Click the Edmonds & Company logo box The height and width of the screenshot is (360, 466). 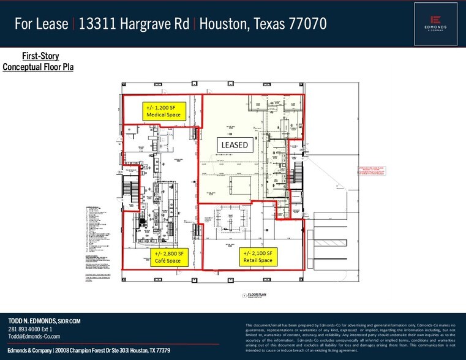pos(436,23)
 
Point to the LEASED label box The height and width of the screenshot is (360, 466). pos(234,145)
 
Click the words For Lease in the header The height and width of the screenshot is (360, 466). pos(42,24)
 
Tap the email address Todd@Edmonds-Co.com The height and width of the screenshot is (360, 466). pos(34,337)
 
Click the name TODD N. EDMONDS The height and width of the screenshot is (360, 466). pos(31,321)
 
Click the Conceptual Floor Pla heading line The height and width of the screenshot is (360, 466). pos(38,67)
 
